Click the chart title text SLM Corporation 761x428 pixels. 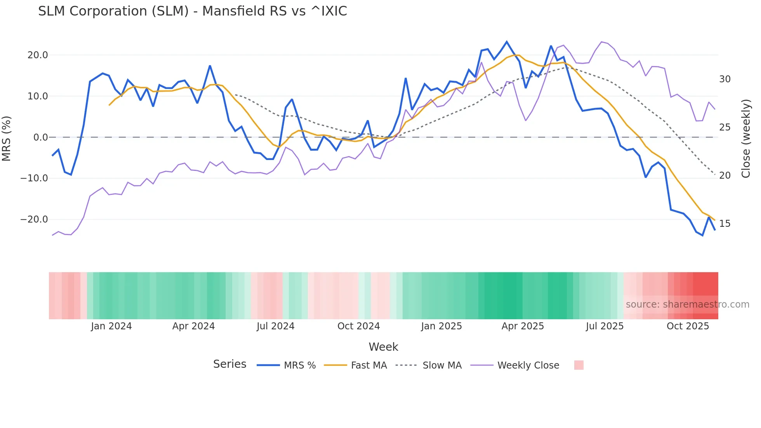pos(192,11)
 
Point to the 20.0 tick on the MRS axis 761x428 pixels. pos(38,55)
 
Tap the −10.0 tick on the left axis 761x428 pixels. pos(34,178)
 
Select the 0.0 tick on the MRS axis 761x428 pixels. pos(41,137)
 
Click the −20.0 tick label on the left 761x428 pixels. pos(34,219)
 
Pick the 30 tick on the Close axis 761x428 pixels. pos(725,79)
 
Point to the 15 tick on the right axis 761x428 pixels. pos(725,224)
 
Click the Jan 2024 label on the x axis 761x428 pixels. pos(111,326)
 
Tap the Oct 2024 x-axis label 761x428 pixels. pos(358,326)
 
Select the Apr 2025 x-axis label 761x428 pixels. pos(523,326)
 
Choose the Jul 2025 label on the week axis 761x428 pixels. pos(605,326)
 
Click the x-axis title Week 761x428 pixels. pos(383,347)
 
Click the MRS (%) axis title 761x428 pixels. pos(7,139)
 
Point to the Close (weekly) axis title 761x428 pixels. pos(746,139)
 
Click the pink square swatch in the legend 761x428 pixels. pos(579,365)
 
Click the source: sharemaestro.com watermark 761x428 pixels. pos(687,304)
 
